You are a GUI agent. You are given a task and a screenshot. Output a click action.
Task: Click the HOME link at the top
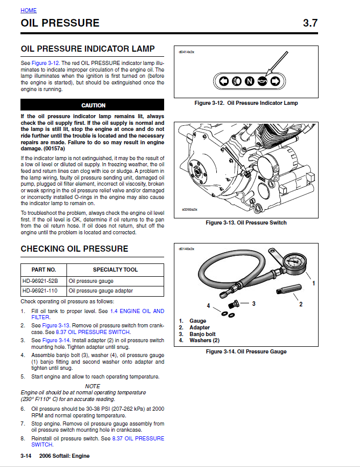coord(29,10)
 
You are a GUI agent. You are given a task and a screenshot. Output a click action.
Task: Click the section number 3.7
coord(310,23)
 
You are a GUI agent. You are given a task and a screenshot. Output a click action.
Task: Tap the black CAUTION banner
coord(93,105)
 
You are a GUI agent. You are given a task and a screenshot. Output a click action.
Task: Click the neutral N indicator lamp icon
coord(249,81)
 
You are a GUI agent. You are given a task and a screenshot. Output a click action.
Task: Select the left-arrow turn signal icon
coord(223,81)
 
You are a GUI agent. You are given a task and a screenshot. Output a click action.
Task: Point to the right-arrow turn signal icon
coord(275,81)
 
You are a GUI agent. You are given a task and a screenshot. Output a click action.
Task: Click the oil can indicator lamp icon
coord(262,81)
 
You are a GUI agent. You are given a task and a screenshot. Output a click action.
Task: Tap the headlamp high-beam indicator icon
coord(236,81)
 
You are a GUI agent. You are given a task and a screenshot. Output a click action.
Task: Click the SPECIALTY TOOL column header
coord(115,270)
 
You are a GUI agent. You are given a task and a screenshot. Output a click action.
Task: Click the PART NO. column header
coord(43,270)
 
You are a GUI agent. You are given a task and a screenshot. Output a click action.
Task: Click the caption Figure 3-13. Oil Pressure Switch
coord(246,223)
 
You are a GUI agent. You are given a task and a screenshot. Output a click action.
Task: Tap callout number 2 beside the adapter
coord(301,304)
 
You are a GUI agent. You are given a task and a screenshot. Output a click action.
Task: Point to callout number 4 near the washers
coord(208,305)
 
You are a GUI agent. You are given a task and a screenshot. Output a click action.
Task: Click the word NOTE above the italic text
coord(93,386)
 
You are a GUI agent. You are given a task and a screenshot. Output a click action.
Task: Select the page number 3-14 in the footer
coord(27,456)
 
